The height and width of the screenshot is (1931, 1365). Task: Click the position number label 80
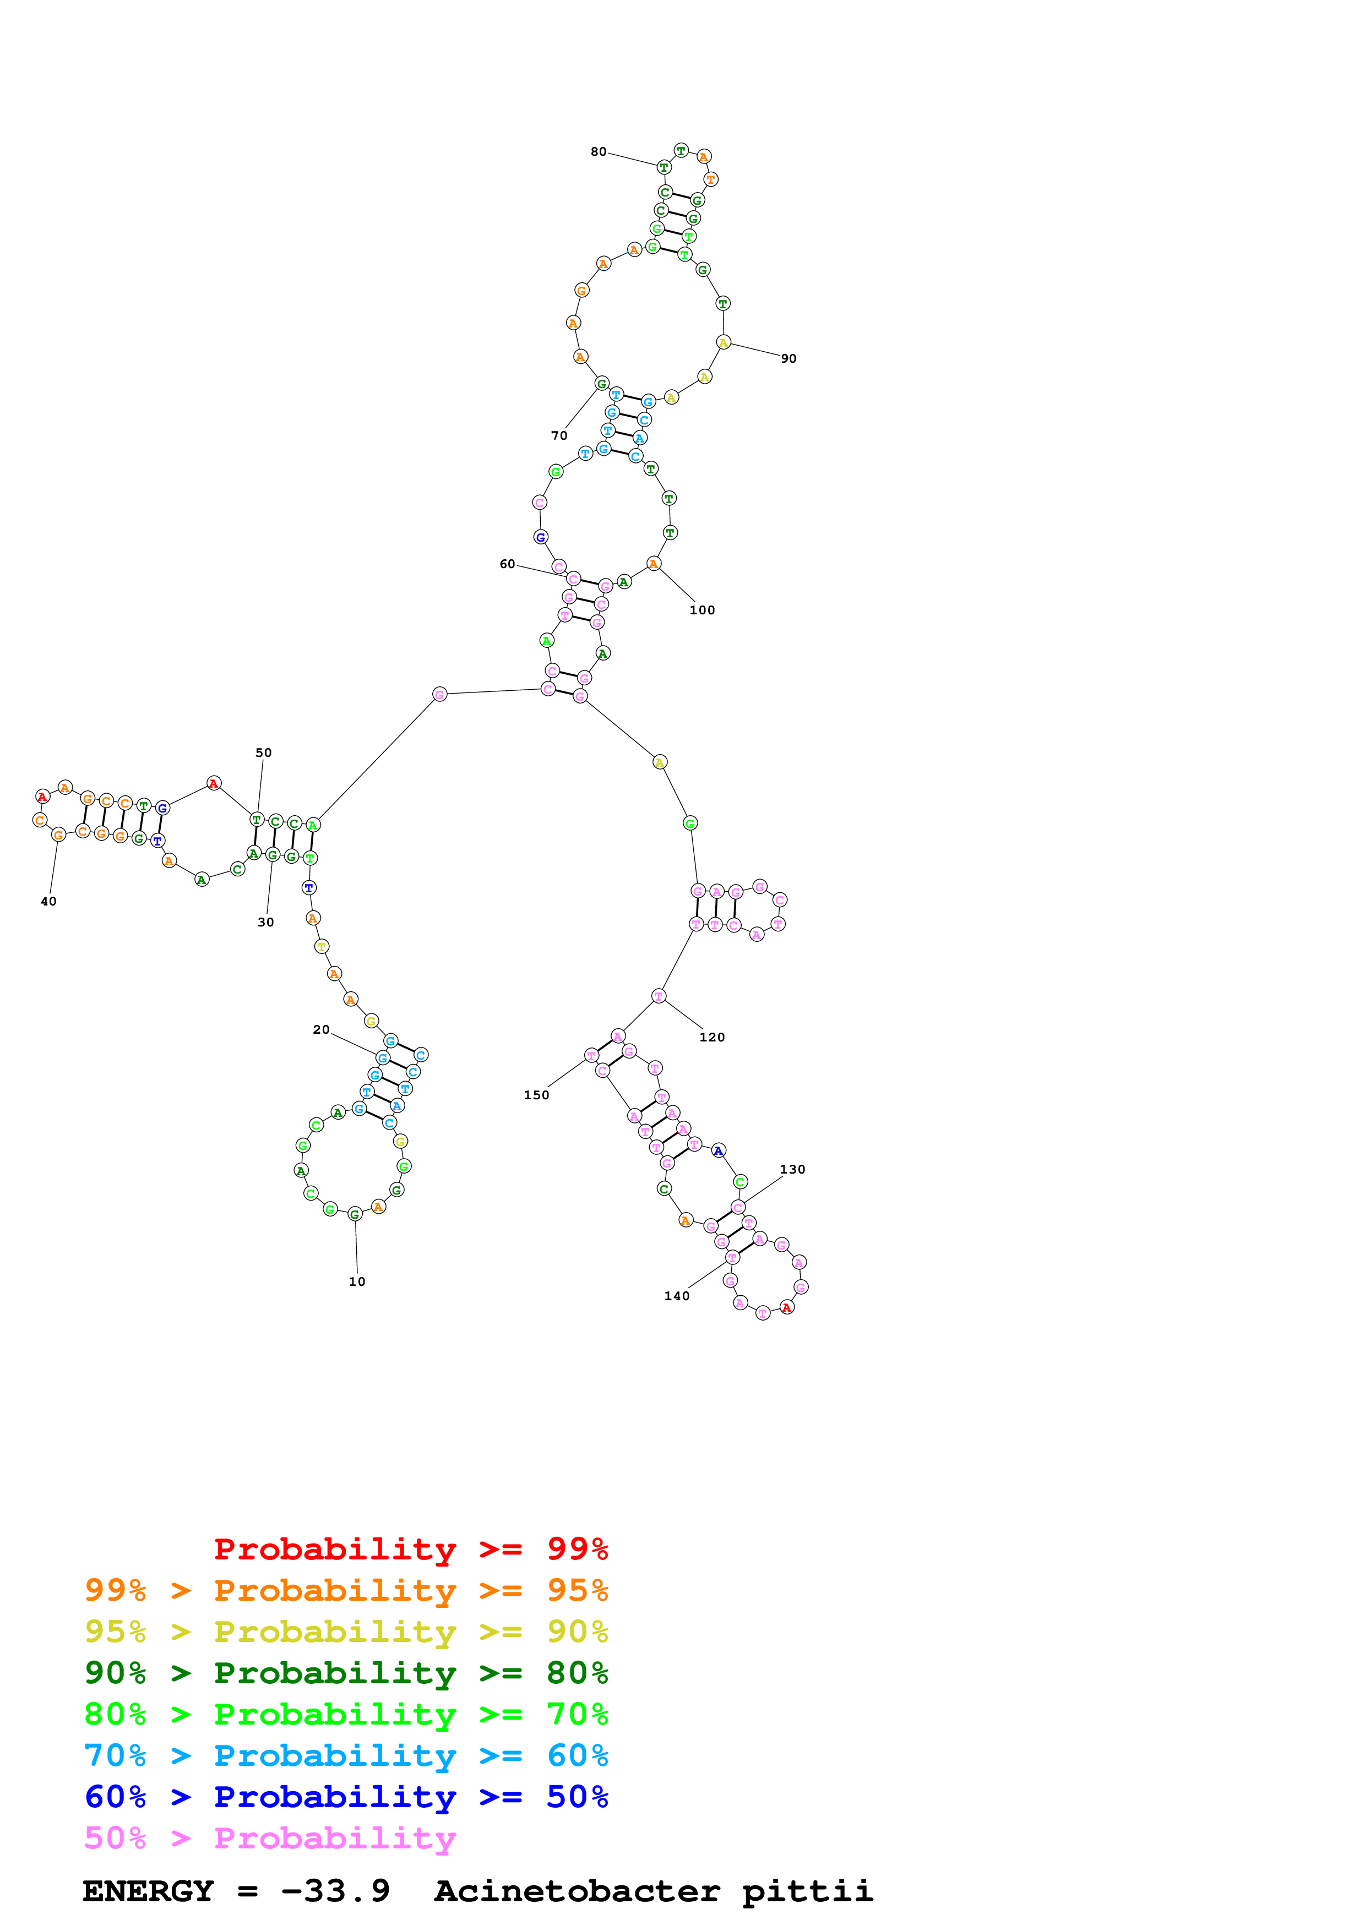pos(598,152)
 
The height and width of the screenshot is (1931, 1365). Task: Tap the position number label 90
pos(788,359)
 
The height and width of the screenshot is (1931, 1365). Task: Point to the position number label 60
pos(507,564)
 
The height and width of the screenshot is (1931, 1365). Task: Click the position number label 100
pos(702,610)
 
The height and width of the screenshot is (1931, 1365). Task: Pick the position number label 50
pos(263,752)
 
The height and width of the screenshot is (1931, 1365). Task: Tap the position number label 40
pos(49,902)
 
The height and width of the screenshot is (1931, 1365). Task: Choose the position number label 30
pos(266,923)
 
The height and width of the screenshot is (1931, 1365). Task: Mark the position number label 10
pos(357,1281)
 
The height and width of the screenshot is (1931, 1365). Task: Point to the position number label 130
pos(792,1170)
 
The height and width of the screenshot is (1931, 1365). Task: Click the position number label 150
pos(536,1095)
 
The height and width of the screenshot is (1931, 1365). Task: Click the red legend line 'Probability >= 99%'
pos(410,1548)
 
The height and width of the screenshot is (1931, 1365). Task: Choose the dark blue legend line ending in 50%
pos(346,1797)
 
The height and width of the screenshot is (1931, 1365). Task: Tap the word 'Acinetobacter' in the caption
pos(577,1891)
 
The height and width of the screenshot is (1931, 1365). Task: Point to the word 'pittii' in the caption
pos(807,1891)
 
